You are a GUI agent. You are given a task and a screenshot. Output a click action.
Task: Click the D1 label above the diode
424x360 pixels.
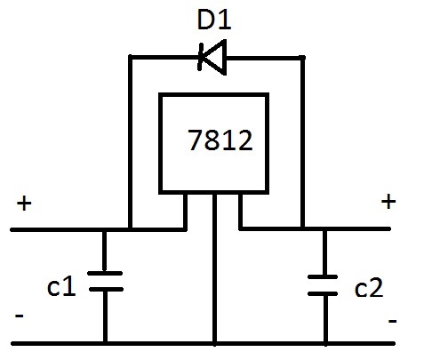click(212, 19)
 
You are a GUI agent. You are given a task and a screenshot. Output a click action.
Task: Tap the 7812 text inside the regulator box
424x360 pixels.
click(220, 140)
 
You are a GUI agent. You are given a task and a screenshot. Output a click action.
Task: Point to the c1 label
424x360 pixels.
click(60, 286)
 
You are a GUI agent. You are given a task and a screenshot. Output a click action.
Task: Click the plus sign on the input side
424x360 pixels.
click(23, 204)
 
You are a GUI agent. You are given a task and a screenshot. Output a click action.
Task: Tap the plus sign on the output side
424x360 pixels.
click(388, 202)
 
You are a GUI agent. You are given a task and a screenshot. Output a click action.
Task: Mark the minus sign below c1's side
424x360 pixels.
click(19, 316)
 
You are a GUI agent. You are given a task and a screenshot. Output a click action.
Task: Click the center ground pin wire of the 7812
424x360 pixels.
click(214, 267)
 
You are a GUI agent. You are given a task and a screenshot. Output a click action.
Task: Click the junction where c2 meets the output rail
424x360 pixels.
click(324, 229)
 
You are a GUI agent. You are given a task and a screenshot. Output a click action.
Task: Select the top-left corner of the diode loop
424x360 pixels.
click(131, 57)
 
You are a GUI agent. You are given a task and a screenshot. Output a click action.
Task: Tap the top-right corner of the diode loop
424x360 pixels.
click(303, 57)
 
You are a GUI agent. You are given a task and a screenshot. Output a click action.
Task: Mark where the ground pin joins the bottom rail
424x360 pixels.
click(214, 342)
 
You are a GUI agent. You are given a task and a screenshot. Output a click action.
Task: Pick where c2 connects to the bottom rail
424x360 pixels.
click(324, 342)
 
